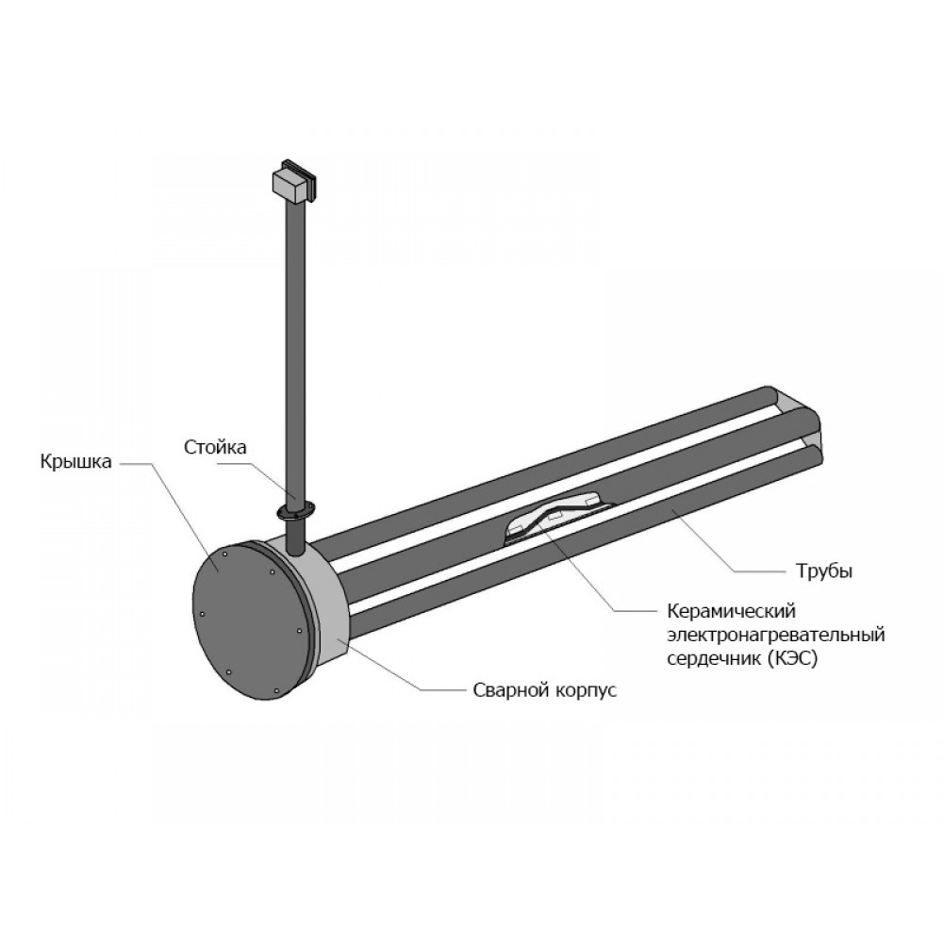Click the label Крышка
tap(75, 462)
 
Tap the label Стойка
tap(215, 447)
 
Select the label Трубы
tap(824, 571)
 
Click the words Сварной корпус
tap(545, 690)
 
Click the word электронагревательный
tap(776, 635)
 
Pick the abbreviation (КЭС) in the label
tap(793, 658)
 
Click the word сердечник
tap(714, 659)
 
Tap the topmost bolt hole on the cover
tap(223, 554)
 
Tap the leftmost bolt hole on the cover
tap(202, 614)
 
